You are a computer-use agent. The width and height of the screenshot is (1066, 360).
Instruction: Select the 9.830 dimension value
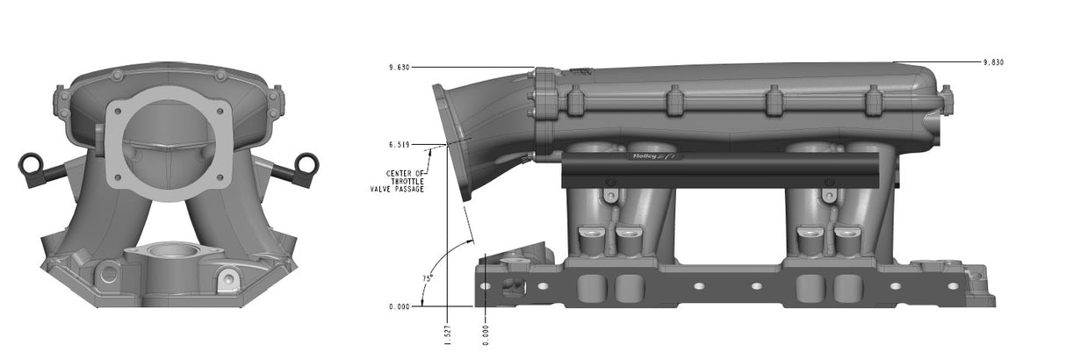pyautogui.click(x=992, y=62)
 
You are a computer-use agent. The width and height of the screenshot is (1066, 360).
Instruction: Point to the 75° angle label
pyautogui.click(x=427, y=278)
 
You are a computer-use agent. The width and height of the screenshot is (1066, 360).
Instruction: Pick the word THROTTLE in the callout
pyautogui.click(x=400, y=181)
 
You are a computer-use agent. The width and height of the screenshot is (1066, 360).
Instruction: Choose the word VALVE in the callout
pyautogui.click(x=383, y=189)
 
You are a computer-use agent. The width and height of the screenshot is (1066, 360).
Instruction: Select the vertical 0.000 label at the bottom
pyautogui.click(x=486, y=335)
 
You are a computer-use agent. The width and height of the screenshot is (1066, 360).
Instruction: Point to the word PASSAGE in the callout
pyautogui.click(x=410, y=189)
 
